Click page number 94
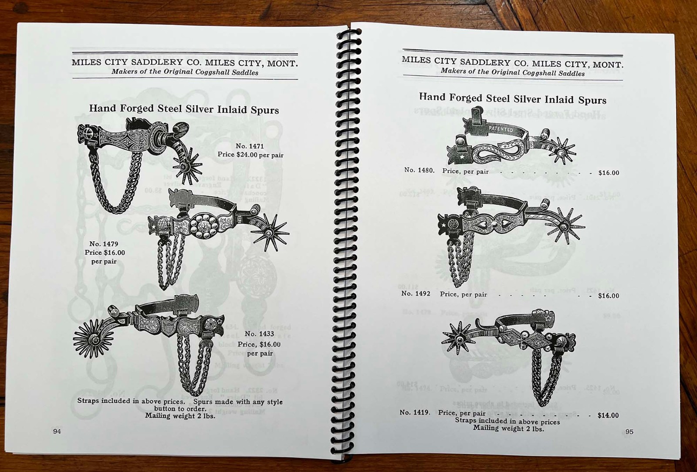coord(57,432)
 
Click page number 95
coord(629,432)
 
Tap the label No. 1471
coord(250,146)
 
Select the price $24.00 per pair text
coord(250,155)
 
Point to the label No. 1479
coord(104,244)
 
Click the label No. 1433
coord(259,334)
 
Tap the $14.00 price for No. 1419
coord(608,415)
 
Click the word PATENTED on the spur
coord(501,129)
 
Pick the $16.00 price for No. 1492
coord(608,296)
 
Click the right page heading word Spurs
coord(592,101)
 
